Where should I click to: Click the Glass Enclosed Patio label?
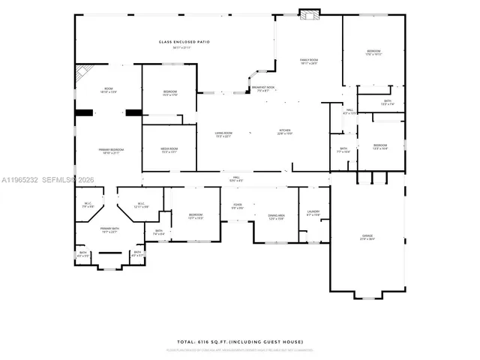[175, 42]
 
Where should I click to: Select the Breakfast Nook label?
[263, 87]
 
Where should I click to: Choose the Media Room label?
[169, 148]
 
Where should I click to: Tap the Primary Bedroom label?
[111, 150]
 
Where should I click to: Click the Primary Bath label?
[109, 229]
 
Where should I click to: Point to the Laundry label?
[313, 211]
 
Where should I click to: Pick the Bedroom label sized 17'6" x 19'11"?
[373, 52]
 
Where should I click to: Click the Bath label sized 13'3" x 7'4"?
[387, 101]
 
